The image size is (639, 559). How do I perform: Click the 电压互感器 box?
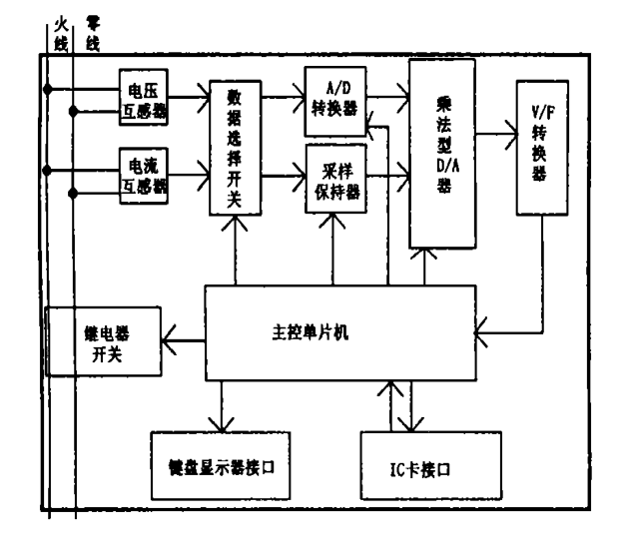[144, 98]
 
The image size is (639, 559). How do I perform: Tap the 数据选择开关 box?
[235, 148]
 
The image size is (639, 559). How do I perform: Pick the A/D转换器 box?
[334, 97]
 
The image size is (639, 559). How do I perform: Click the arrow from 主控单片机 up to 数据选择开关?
[235, 249]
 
